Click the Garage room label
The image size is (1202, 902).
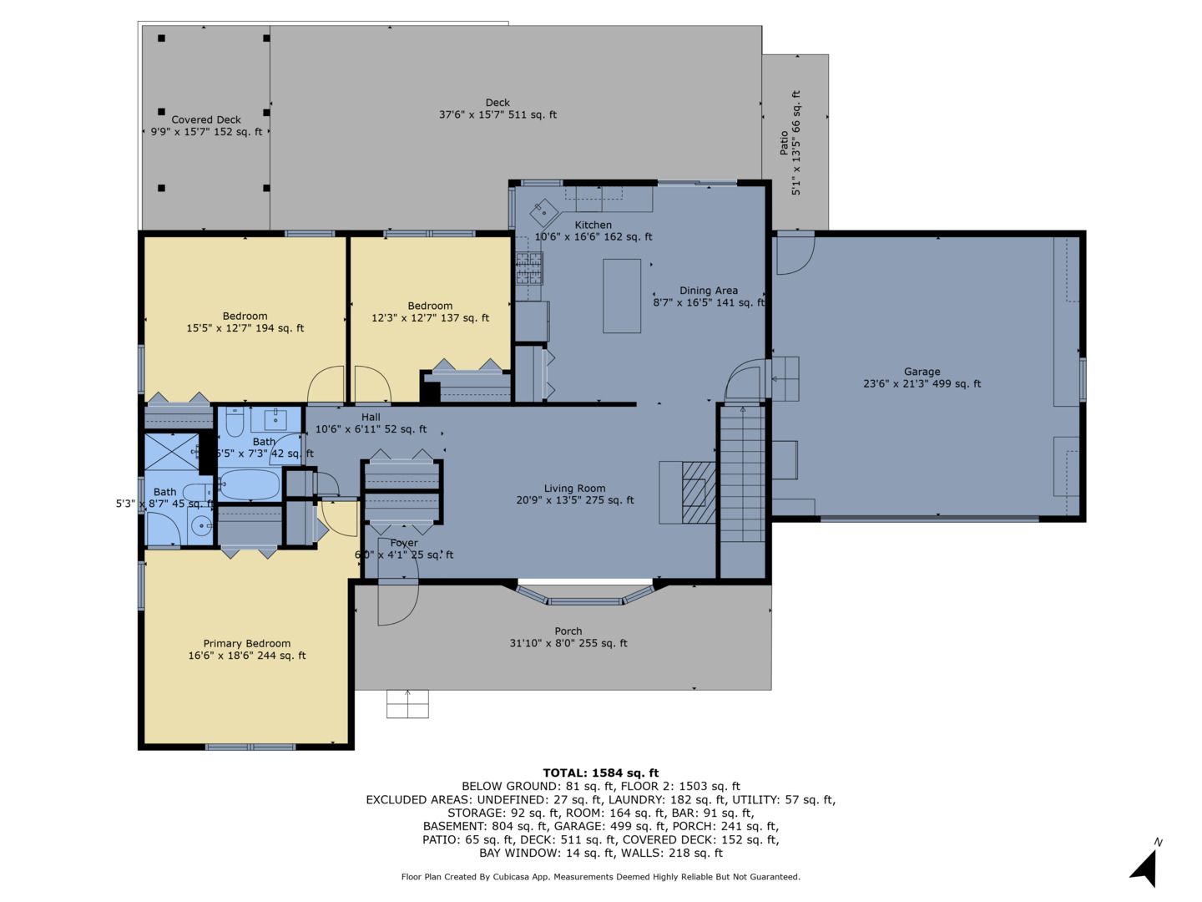[922, 372]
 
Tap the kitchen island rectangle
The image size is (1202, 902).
[622, 296]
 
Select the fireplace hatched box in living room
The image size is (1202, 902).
[699, 493]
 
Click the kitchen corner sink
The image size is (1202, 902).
[543, 212]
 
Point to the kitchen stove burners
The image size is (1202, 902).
[529, 268]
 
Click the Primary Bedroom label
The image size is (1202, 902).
[247, 643]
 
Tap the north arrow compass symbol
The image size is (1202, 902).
[1145, 864]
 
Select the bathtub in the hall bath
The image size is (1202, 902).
[250, 484]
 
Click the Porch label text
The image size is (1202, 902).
[568, 631]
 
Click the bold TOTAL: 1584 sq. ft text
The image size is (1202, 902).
[601, 773]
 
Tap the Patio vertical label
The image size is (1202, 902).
[784, 142]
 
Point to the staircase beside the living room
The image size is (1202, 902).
[742, 474]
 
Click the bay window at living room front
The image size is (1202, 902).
[585, 595]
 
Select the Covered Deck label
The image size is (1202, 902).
[206, 119]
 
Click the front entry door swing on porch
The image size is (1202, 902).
[398, 602]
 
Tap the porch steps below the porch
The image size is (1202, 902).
[407, 704]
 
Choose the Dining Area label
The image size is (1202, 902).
[709, 291]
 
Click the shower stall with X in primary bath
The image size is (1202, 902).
[172, 452]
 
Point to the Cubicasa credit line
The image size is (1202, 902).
[601, 877]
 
